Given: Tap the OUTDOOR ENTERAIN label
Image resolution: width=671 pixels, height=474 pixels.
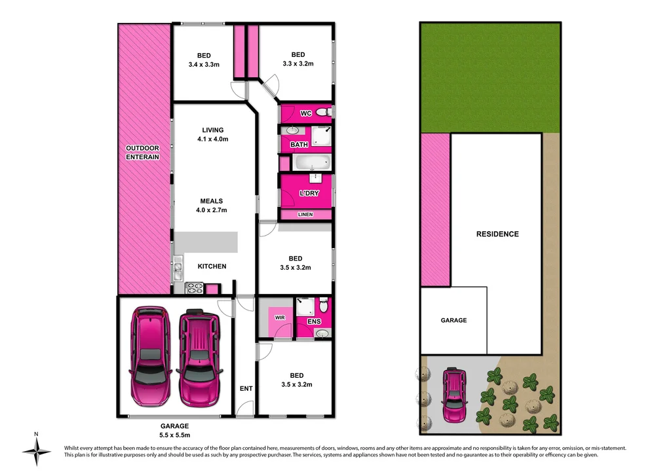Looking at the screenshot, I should pos(143,153).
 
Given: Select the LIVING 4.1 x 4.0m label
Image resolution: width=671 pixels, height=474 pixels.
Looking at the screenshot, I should pos(213,135).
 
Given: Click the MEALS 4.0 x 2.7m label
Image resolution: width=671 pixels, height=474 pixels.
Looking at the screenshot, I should pos(212,206).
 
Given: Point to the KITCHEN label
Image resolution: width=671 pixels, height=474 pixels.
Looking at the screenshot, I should pos(212,266).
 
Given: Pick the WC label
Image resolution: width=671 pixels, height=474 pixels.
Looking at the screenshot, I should pos(305,114).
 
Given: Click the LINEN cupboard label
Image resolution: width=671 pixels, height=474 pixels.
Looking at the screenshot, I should pos(305,215).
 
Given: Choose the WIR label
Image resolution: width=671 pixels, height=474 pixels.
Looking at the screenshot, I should pos(280,318).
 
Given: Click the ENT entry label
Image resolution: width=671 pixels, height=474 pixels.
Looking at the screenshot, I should pos(246,388).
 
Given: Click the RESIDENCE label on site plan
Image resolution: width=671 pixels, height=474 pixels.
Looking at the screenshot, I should pos(497,234).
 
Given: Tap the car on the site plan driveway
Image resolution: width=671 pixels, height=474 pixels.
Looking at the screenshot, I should pos(453,395).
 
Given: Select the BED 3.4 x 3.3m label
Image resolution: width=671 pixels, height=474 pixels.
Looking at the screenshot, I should pos(204,60).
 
